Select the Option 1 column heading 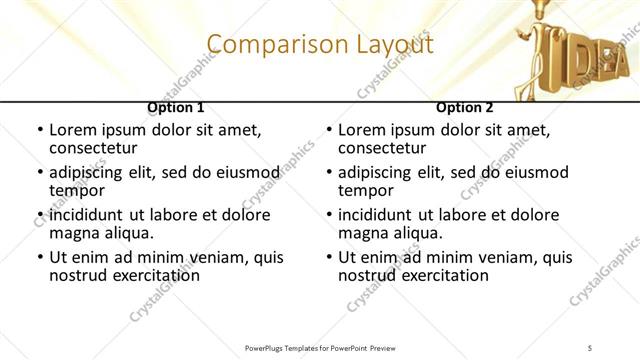click(176, 108)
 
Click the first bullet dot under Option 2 click(329, 131)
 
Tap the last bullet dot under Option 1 click(40, 258)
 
